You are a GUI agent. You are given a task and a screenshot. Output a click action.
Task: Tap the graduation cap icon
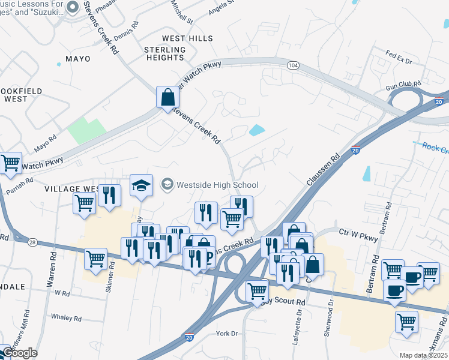[142, 185]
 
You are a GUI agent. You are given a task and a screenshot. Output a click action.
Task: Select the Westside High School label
[216, 185]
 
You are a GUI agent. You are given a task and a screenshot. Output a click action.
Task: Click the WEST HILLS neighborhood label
[187, 38]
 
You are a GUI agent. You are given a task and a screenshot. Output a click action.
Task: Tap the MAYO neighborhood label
[73, 59]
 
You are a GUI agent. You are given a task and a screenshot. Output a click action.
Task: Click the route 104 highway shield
[293, 65]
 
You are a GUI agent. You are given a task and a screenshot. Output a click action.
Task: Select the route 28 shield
[32, 241]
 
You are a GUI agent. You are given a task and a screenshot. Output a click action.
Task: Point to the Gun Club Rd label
[400, 86]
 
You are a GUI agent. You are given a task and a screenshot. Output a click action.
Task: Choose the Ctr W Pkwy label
[358, 235]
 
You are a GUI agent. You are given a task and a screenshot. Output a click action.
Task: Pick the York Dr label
[228, 333]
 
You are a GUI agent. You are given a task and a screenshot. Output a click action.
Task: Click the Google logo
[19, 353]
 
